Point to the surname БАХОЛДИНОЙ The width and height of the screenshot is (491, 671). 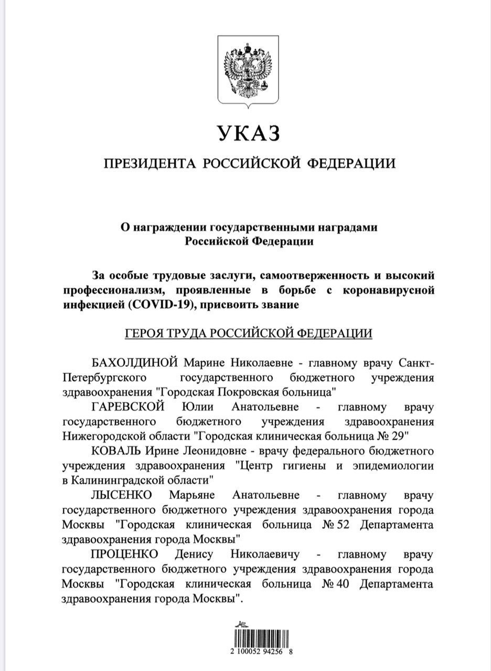pos(136,364)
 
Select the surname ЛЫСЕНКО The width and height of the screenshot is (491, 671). pos(121,495)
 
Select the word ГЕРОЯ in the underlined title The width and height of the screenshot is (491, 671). pos(142,334)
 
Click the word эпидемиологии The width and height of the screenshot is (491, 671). pos(390,465)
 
